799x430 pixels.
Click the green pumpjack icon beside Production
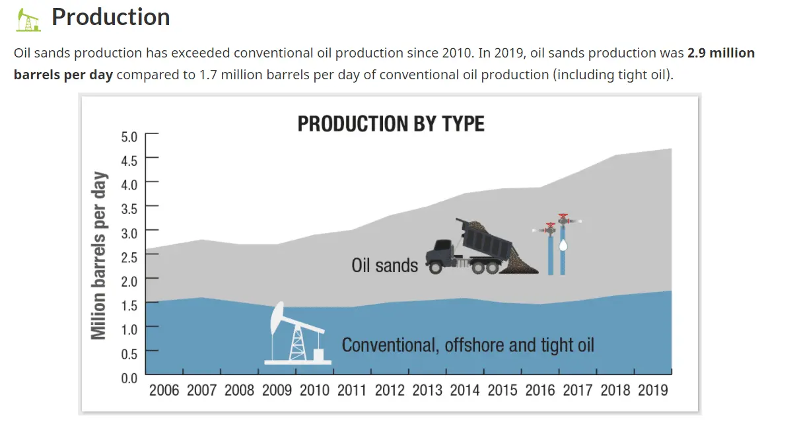click(28, 20)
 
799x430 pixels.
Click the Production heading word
click(111, 17)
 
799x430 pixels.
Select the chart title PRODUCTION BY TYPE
click(391, 124)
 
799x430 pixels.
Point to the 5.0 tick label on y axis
click(129, 137)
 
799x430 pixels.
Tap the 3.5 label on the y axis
click(129, 209)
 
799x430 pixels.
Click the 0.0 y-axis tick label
click(129, 378)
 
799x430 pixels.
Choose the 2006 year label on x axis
click(164, 390)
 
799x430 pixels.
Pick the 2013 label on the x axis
click(427, 390)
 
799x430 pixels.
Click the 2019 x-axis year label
click(653, 390)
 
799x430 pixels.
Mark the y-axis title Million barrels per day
click(99, 256)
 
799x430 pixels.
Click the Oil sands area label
click(384, 266)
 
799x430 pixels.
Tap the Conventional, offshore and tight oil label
click(468, 345)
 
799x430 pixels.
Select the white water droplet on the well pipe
click(563, 245)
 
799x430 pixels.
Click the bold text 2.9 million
click(721, 53)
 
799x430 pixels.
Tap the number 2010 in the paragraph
click(458, 53)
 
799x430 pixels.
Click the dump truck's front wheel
click(435, 268)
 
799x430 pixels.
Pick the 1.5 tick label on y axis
click(129, 306)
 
